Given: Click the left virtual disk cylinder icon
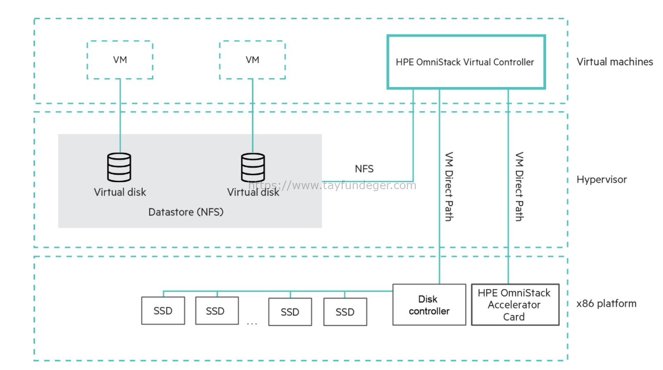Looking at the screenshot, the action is pyautogui.click(x=119, y=167).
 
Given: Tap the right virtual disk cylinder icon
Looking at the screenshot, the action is pyautogui.click(x=253, y=167).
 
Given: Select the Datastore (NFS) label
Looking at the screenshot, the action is pyautogui.click(x=186, y=212).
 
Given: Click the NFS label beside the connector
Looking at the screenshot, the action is pyautogui.click(x=364, y=168).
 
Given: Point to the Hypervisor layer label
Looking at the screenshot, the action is pyautogui.click(x=601, y=180).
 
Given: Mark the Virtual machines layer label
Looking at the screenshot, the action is pyautogui.click(x=615, y=62).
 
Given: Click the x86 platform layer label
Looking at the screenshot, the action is pyautogui.click(x=606, y=304).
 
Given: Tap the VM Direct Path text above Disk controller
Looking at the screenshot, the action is pyautogui.click(x=449, y=187).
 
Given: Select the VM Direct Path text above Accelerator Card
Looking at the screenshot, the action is pyautogui.click(x=519, y=187).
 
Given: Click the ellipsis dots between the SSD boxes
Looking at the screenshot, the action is pyautogui.click(x=252, y=324).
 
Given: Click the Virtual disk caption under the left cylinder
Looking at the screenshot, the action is pyautogui.click(x=120, y=192).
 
